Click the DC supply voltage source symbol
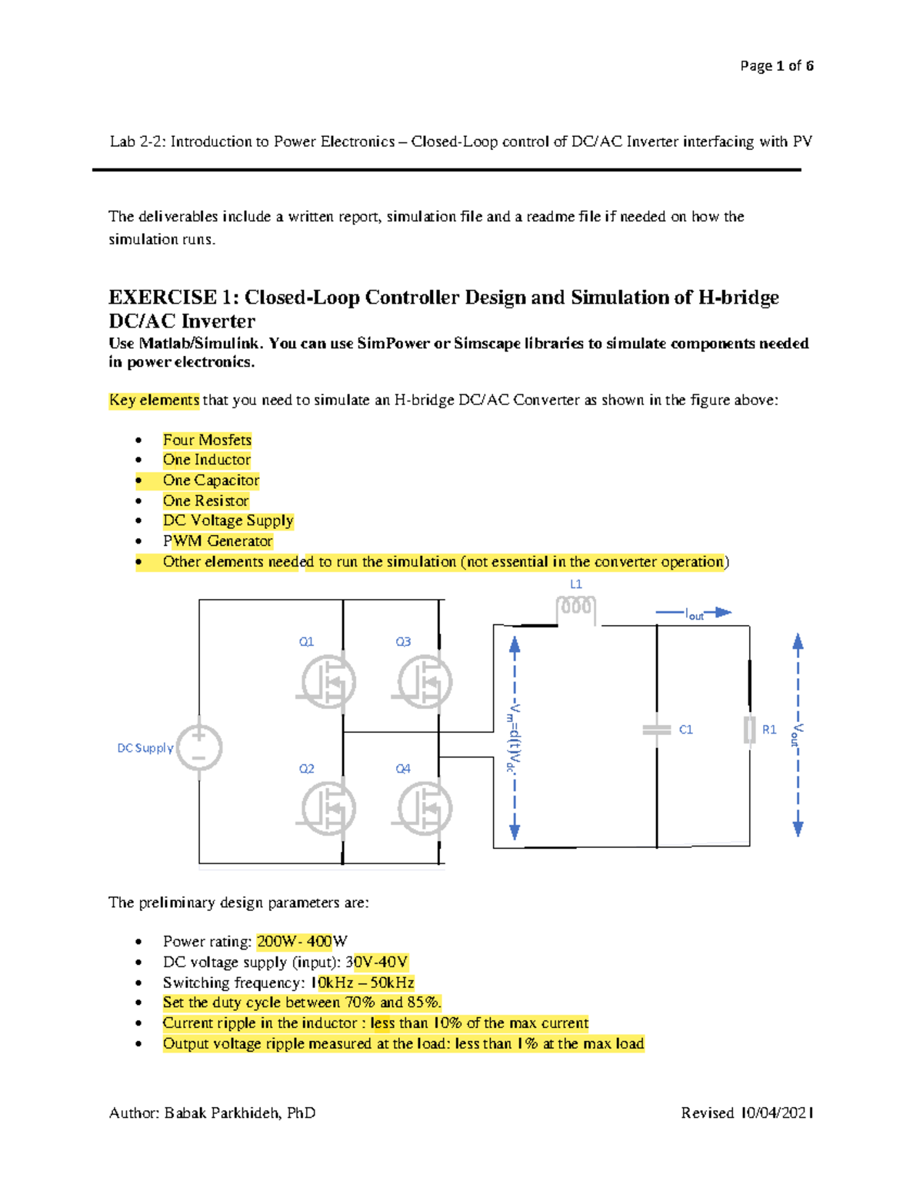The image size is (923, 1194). pyautogui.click(x=199, y=747)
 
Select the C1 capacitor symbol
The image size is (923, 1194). pyautogui.click(x=657, y=730)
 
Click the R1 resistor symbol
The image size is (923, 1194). pyautogui.click(x=749, y=730)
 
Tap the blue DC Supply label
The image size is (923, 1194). pyautogui.click(x=145, y=748)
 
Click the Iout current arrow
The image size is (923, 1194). pyautogui.click(x=694, y=613)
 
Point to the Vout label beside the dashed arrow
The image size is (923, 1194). pyautogui.click(x=798, y=734)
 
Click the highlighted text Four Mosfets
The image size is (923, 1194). pyautogui.click(x=207, y=440)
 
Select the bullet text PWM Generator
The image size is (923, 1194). pyautogui.click(x=218, y=541)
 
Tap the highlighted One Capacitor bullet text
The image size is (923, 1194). pyautogui.click(x=211, y=481)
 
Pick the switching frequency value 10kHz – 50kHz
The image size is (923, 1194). pyautogui.click(x=362, y=983)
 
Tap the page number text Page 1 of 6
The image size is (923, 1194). pyautogui.click(x=776, y=66)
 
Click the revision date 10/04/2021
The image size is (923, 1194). pyautogui.click(x=777, y=1113)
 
